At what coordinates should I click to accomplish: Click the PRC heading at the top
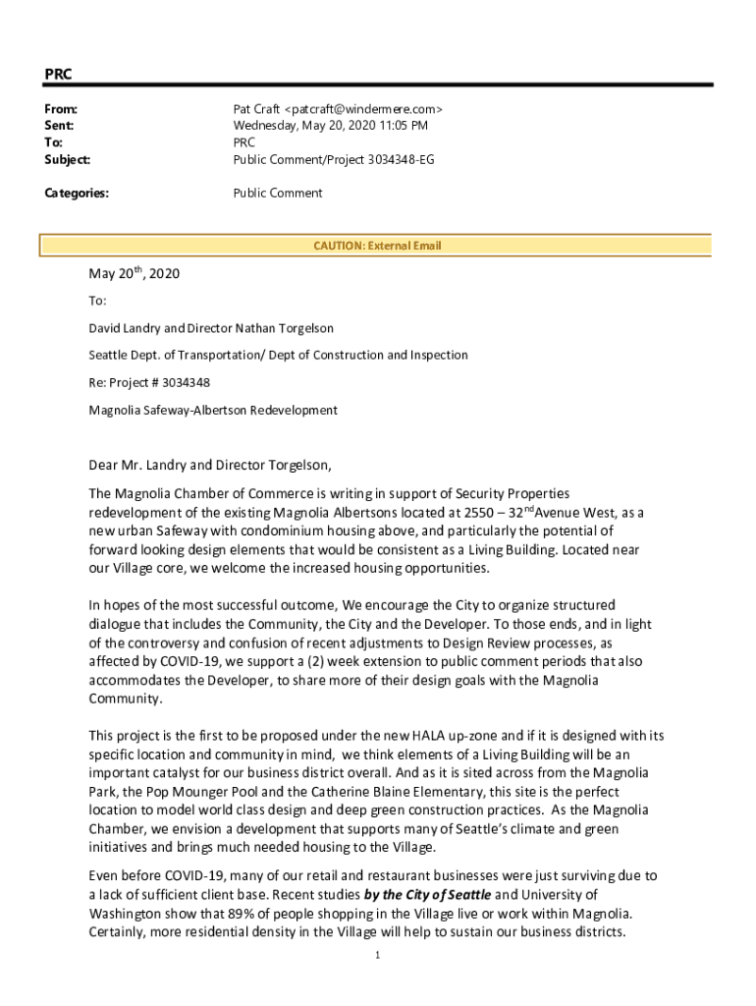click(x=58, y=74)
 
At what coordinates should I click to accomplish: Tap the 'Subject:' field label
click(x=67, y=159)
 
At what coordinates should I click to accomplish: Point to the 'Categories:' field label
click(x=77, y=194)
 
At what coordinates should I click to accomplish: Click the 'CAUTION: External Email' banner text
click(x=377, y=246)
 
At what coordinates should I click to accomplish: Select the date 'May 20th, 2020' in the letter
click(x=135, y=275)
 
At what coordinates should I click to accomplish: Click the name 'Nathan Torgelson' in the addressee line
click(x=296, y=327)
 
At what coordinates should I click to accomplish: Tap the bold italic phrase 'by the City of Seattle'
click(x=427, y=894)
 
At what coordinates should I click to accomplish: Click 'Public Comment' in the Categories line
click(x=277, y=194)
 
